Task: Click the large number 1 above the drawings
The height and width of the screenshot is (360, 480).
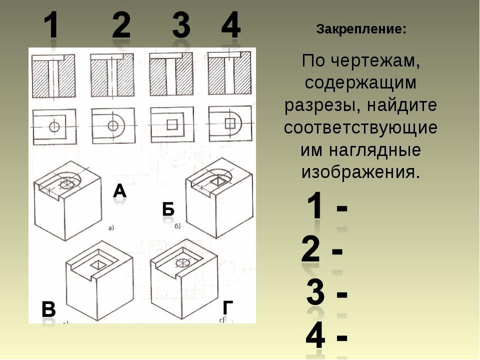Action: point(51,25)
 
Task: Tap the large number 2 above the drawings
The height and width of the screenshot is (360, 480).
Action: point(121,24)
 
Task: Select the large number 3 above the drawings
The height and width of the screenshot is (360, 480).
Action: point(181,24)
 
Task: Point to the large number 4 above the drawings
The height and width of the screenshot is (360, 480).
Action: point(231,24)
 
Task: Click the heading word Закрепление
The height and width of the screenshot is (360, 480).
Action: point(361,29)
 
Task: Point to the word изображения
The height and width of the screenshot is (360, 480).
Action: point(359,172)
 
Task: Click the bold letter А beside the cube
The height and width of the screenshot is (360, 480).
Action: point(119,191)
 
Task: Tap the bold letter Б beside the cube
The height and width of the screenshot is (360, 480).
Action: point(168,209)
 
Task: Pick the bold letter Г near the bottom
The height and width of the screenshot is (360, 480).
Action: point(228,307)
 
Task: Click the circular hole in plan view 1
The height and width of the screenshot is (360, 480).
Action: point(54,126)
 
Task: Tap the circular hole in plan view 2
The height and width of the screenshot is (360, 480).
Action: point(113,125)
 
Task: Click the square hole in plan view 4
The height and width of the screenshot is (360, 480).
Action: point(230,123)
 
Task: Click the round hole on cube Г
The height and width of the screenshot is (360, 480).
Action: point(182,262)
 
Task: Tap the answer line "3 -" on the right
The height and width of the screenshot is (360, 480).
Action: point(327,292)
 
